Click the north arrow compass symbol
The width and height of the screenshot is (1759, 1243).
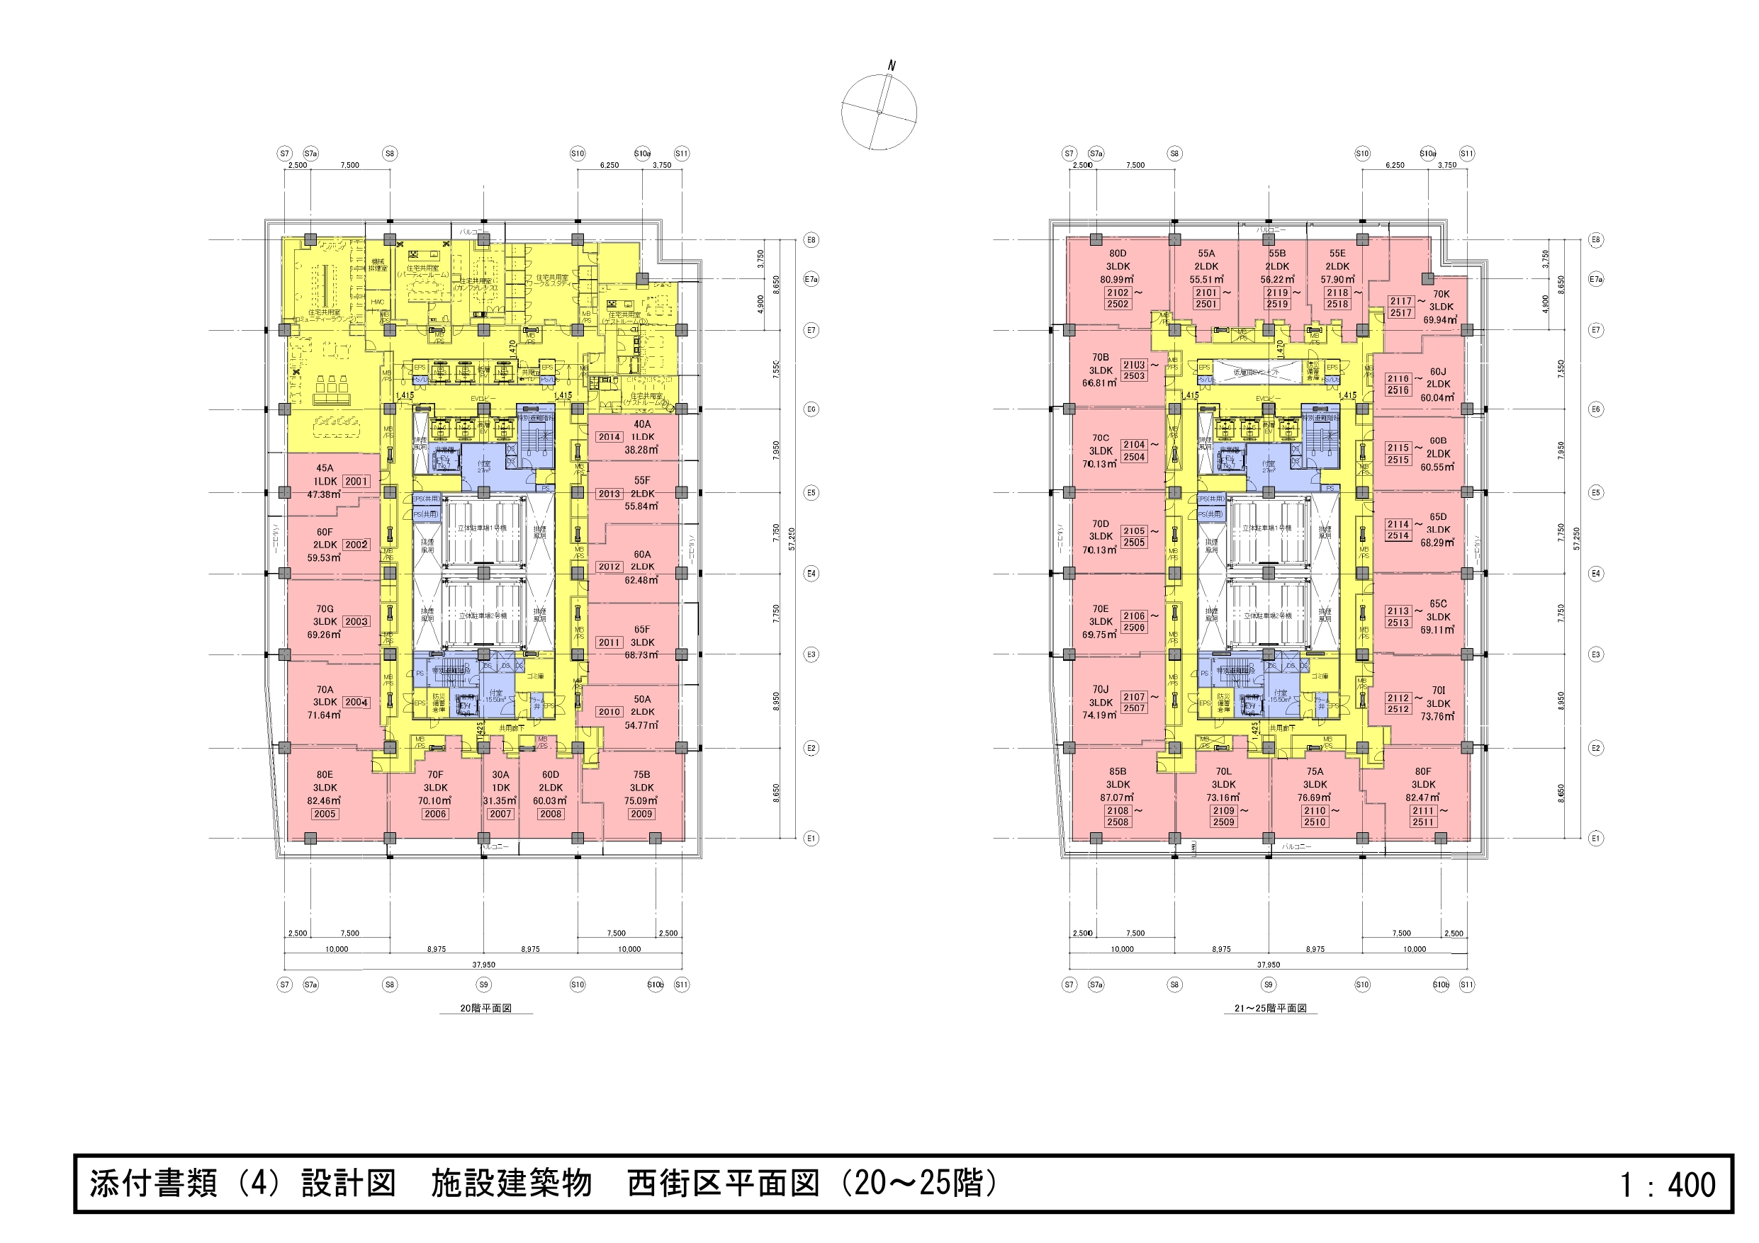point(879,112)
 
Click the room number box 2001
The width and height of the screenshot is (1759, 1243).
point(356,481)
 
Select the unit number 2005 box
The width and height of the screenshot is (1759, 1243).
point(325,814)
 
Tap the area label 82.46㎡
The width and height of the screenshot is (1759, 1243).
point(325,801)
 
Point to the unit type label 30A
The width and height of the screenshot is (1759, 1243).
point(500,775)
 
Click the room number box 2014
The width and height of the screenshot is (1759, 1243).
point(609,437)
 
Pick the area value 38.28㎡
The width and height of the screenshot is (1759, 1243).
point(641,450)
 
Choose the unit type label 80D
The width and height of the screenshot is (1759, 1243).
point(1118,254)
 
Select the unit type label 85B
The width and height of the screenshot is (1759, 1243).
point(1118,771)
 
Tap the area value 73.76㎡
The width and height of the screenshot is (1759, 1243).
point(1437,717)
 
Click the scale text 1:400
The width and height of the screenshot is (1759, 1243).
point(1667,1185)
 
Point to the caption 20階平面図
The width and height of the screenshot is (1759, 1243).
point(485,1009)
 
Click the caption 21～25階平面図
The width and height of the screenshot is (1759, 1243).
point(1270,1009)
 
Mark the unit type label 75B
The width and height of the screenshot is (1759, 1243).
point(642,775)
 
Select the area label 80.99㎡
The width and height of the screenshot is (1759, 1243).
point(1118,280)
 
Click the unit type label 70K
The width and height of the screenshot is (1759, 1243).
point(1441,294)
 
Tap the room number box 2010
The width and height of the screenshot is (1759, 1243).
point(609,713)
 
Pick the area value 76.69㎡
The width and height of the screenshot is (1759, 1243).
point(1315,798)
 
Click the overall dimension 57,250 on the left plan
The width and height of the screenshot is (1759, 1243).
point(792,538)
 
